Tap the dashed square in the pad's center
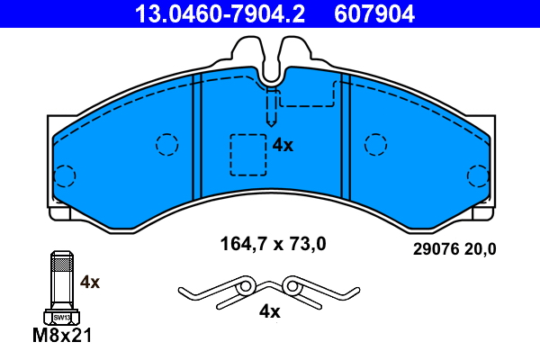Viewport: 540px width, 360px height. (247, 154)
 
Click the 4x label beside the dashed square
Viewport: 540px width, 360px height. (283, 145)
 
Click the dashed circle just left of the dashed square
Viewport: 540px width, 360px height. (166, 144)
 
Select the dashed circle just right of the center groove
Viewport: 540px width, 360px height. (375, 144)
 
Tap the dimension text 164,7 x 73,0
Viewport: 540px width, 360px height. (273, 243)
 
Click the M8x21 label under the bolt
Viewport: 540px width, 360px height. (62, 337)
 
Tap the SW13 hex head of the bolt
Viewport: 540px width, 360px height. (61, 317)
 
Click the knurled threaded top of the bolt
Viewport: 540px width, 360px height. (60, 264)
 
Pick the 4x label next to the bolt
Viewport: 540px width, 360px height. (90, 282)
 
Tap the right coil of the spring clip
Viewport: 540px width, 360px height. (292, 286)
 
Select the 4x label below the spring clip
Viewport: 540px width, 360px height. (269, 312)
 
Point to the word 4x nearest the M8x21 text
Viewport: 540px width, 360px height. (90, 282)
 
